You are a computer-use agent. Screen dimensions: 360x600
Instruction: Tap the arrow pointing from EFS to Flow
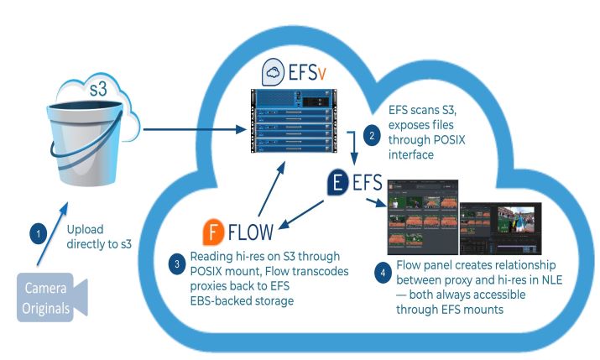(306, 210)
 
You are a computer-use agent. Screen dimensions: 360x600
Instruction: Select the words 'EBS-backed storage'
(243, 300)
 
